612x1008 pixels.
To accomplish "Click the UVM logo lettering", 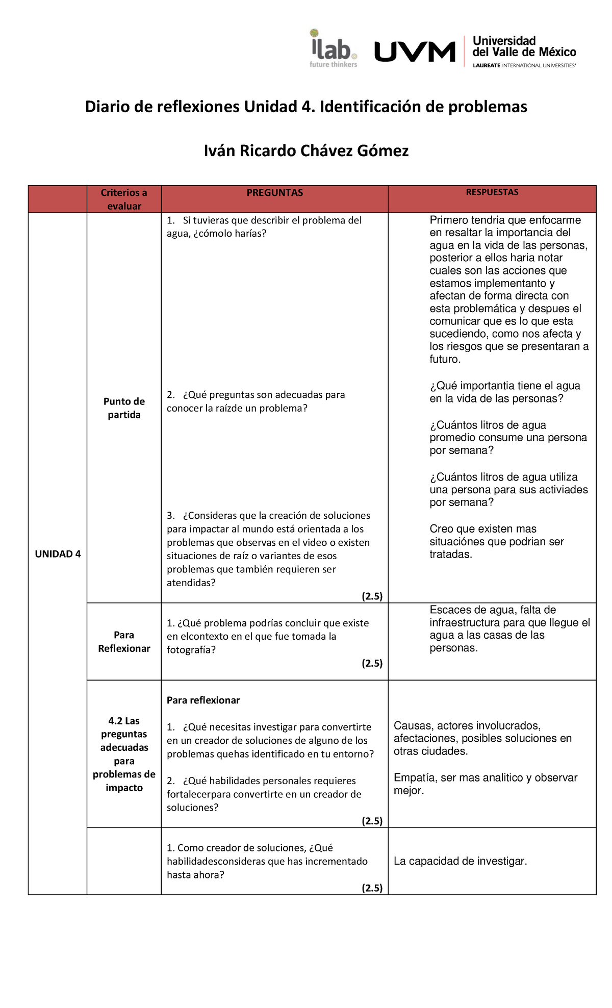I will coord(415,52).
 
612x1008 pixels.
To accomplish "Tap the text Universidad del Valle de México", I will coord(524,46).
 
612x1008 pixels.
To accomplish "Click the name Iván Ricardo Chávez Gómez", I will coord(306,151).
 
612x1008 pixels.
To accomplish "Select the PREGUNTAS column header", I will coord(274,193).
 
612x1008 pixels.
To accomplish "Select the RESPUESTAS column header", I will coord(492,192).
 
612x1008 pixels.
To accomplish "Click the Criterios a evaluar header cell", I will coord(124,199).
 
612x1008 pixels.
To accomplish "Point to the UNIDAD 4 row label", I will coord(58,554).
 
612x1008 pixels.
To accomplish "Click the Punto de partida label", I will coord(124,408).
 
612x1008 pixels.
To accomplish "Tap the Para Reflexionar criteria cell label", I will coord(124,642).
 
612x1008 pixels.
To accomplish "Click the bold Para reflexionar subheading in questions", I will coord(203,700).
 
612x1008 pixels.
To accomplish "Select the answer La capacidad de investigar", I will coord(460,861).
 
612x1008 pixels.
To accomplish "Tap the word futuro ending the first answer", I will coord(444,360).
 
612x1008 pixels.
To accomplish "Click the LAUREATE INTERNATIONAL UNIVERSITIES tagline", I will coord(524,66).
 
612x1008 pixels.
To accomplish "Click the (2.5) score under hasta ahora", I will coord(372,888).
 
